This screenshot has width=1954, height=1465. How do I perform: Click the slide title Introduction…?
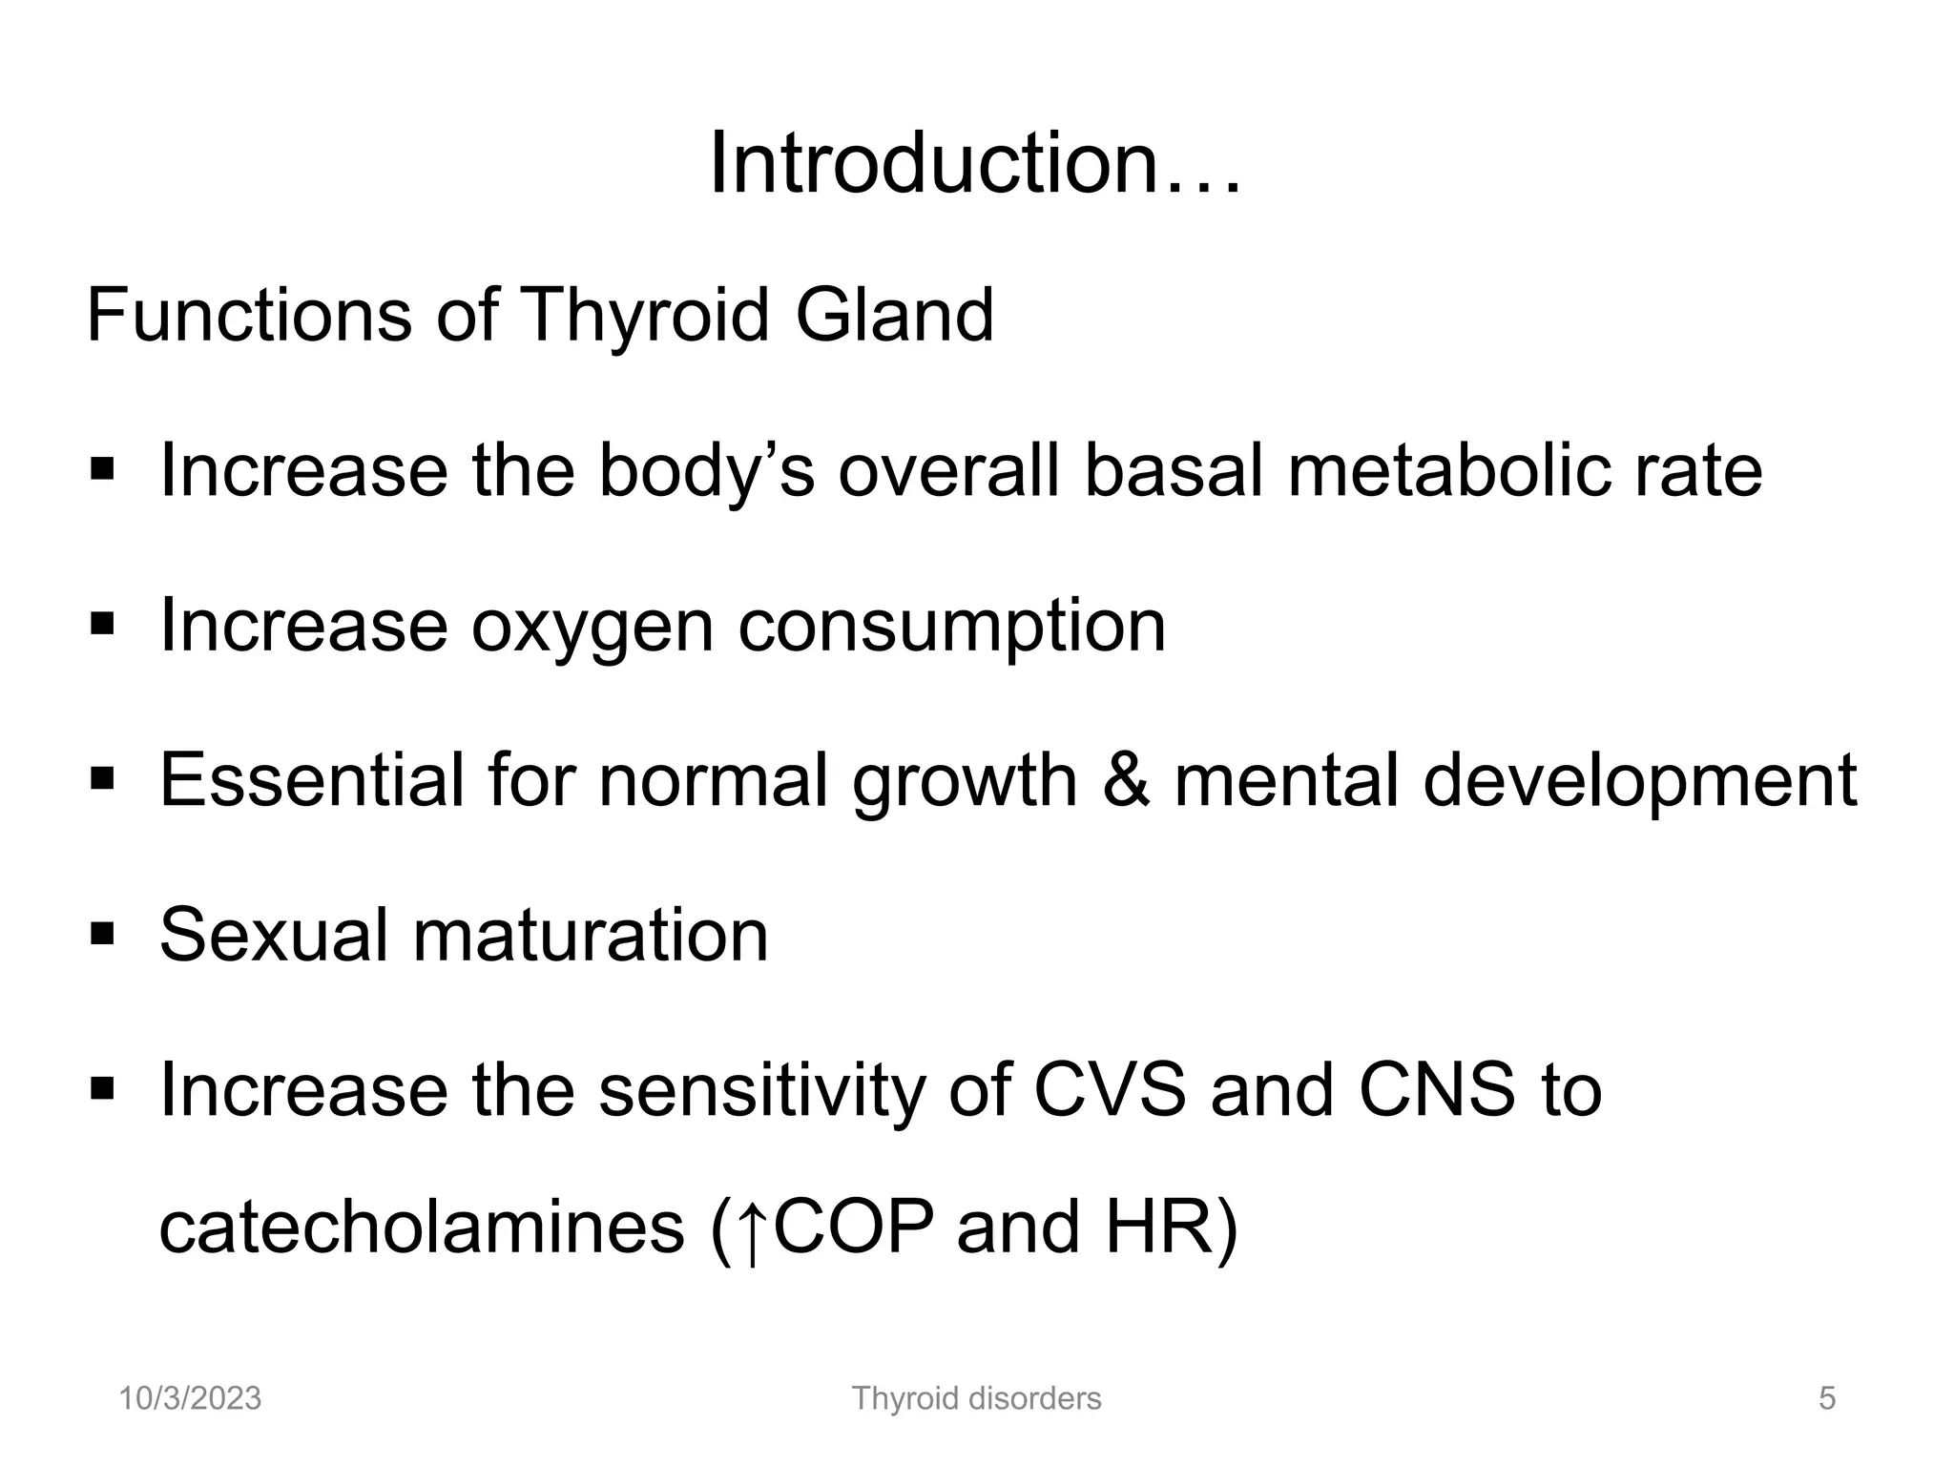(975, 164)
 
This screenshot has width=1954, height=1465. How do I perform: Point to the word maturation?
(591, 936)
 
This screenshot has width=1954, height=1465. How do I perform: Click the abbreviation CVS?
(1111, 1089)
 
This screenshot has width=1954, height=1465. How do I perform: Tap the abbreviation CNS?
(1437, 1089)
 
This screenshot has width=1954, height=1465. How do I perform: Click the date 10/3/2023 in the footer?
(190, 1398)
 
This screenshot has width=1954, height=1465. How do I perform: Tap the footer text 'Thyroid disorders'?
(976, 1398)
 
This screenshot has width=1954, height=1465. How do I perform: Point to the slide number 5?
(1827, 1399)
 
